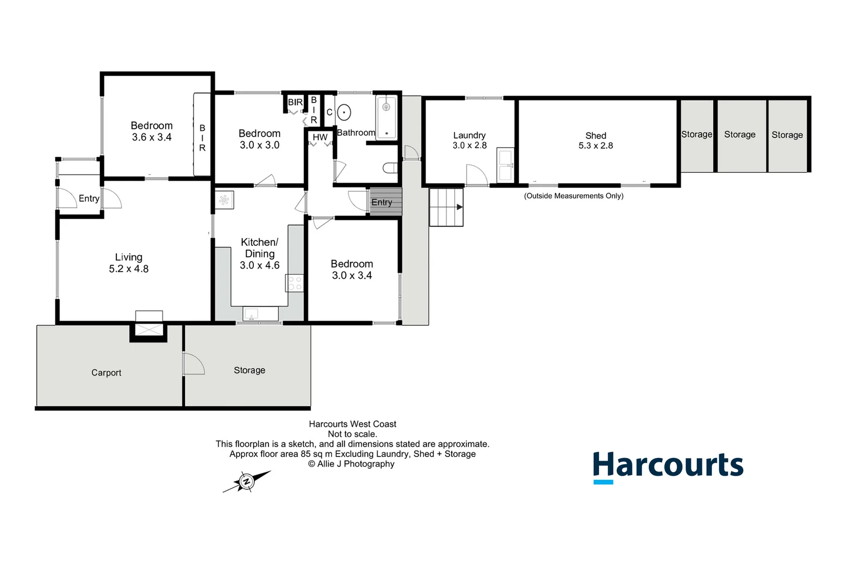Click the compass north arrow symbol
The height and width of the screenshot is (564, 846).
coord(246,481)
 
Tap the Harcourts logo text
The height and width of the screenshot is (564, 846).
coord(668,465)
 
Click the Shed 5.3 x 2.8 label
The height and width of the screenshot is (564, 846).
coord(595,140)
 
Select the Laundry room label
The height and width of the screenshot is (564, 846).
coord(469,140)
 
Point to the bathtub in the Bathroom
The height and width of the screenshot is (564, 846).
coord(386,118)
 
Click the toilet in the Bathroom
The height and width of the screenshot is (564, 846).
coord(391,168)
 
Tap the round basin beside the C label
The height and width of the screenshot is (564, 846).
coord(344,112)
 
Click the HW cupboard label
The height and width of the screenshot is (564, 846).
coord(320,137)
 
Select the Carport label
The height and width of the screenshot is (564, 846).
coord(106,372)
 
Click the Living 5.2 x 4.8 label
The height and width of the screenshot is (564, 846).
coord(128,263)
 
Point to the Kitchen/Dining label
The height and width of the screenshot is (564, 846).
coord(260,253)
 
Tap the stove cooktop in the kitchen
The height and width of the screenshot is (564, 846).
coord(295,283)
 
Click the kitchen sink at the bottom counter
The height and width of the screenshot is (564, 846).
coord(252,314)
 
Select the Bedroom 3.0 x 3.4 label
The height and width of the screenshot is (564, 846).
coord(351,269)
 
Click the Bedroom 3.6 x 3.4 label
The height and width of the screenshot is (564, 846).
coord(151,131)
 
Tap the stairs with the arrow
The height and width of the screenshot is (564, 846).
coord(446,207)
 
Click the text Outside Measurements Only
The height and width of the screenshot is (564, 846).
coord(573,196)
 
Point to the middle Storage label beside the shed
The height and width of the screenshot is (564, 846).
coord(739,134)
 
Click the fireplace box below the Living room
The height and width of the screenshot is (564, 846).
coord(149,330)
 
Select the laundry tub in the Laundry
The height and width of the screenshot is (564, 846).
coord(505,165)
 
